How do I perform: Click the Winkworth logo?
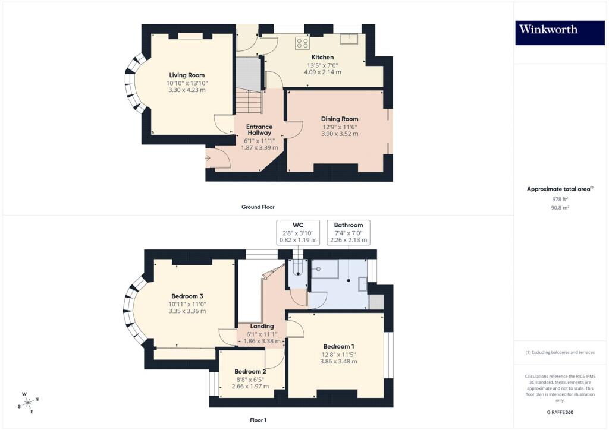pyautogui.click(x=560, y=33)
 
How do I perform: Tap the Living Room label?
pyautogui.click(x=187, y=75)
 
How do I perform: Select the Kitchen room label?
pyautogui.click(x=322, y=58)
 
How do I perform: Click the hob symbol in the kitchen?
pyautogui.click(x=302, y=43)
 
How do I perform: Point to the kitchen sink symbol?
pyautogui.click(x=349, y=39)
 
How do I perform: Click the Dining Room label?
pyautogui.click(x=340, y=119)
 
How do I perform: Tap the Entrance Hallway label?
pyautogui.click(x=259, y=129)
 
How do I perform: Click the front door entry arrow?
pyautogui.click(x=208, y=158)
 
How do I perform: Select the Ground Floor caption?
pyautogui.click(x=258, y=207)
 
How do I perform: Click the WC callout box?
pyautogui.click(x=298, y=233)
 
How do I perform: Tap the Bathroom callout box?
pyautogui.click(x=349, y=233)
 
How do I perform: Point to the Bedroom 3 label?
pyautogui.click(x=187, y=296)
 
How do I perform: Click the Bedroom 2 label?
pyautogui.click(x=250, y=371)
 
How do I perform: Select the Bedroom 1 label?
pyautogui.click(x=338, y=347)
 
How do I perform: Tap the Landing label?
pyautogui.click(x=262, y=327)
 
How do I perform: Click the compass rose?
pyautogui.click(x=29, y=403)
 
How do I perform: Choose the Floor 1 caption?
pyautogui.click(x=258, y=420)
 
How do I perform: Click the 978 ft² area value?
pyautogui.click(x=560, y=199)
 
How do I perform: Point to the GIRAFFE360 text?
pyautogui.click(x=560, y=412)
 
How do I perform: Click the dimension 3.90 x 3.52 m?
pyautogui.click(x=340, y=134)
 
